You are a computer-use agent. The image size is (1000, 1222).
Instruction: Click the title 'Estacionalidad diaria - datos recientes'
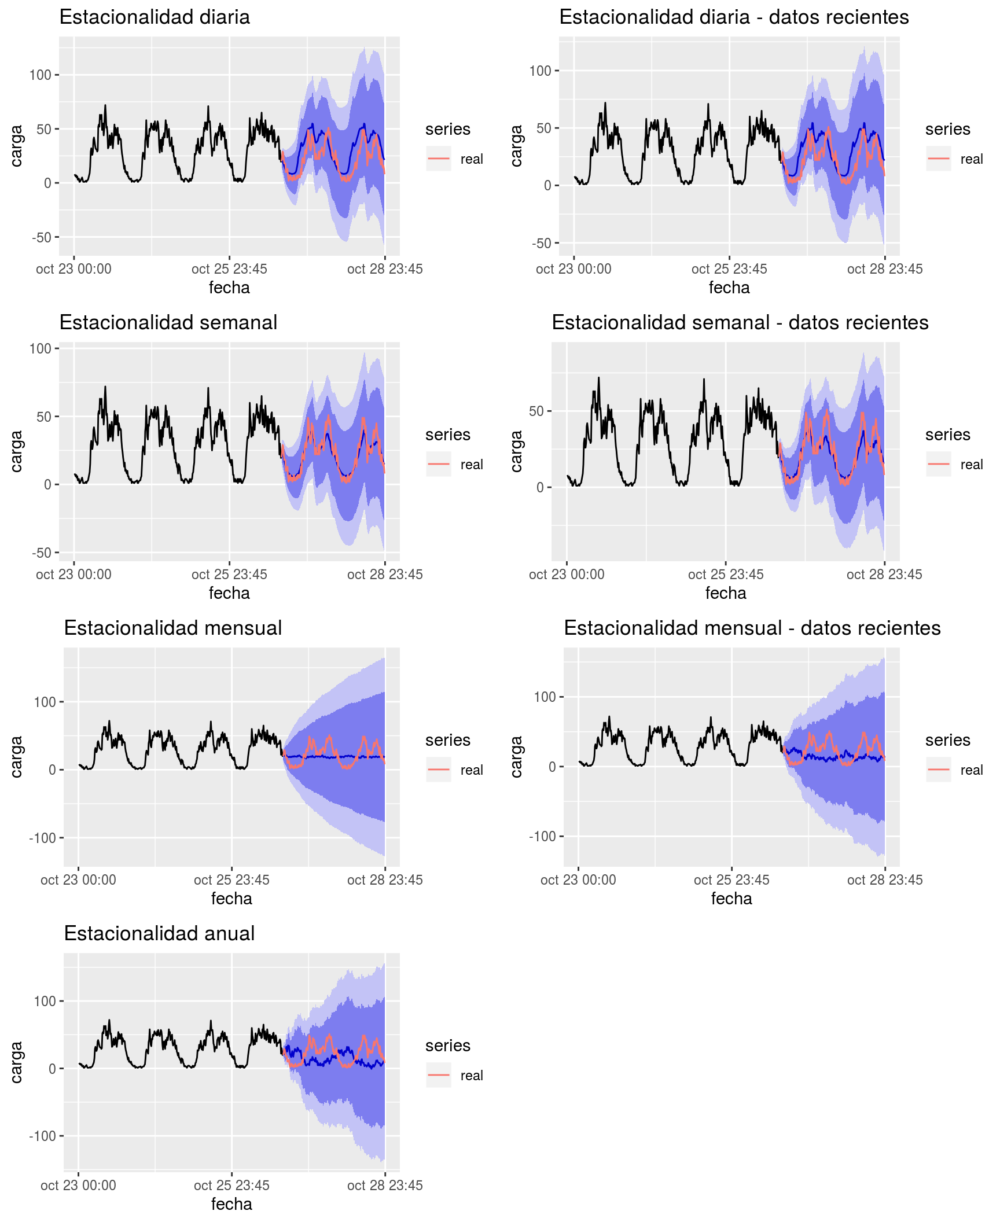pyautogui.click(x=734, y=17)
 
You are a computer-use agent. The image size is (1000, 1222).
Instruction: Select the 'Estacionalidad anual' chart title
pyautogui.click(x=159, y=933)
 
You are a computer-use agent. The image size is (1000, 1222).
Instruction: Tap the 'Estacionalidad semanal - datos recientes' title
pyautogui.click(x=740, y=323)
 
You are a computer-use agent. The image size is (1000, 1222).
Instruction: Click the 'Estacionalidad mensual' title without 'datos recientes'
pyautogui.click(x=172, y=628)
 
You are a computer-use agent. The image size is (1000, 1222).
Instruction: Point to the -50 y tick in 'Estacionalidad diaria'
pyautogui.click(x=41, y=237)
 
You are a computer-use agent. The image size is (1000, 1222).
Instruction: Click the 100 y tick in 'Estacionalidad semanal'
pyautogui.click(x=41, y=348)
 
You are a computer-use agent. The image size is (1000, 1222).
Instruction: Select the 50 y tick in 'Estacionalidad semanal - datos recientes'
pyautogui.click(x=536, y=411)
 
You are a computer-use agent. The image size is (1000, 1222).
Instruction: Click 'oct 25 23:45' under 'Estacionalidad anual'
pyautogui.click(x=231, y=1186)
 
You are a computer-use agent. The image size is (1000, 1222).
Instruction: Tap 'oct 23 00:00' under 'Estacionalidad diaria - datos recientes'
pyautogui.click(x=573, y=269)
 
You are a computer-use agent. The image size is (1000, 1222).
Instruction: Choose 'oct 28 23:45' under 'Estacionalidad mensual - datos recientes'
pyautogui.click(x=884, y=880)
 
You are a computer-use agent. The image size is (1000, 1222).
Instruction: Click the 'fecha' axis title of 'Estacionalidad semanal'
pyautogui.click(x=229, y=593)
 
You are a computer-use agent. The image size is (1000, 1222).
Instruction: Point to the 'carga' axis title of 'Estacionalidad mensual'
pyautogui.click(x=16, y=757)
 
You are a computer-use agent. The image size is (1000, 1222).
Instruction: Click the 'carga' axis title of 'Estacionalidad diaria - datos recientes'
pyautogui.click(x=516, y=146)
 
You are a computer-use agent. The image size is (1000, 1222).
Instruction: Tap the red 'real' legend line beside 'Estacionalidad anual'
pyautogui.click(x=439, y=1075)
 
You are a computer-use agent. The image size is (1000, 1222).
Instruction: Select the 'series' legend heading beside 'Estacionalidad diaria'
pyautogui.click(x=447, y=129)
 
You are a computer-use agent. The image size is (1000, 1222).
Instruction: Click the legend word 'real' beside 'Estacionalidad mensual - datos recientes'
pyautogui.click(x=972, y=770)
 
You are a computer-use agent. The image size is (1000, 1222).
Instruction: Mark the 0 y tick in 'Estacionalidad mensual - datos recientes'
pyautogui.click(x=552, y=767)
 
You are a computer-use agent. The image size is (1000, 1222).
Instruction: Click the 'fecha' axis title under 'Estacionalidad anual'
pyautogui.click(x=231, y=1204)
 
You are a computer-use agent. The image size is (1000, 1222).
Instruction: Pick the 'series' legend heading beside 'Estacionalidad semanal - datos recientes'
pyautogui.click(x=947, y=435)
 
